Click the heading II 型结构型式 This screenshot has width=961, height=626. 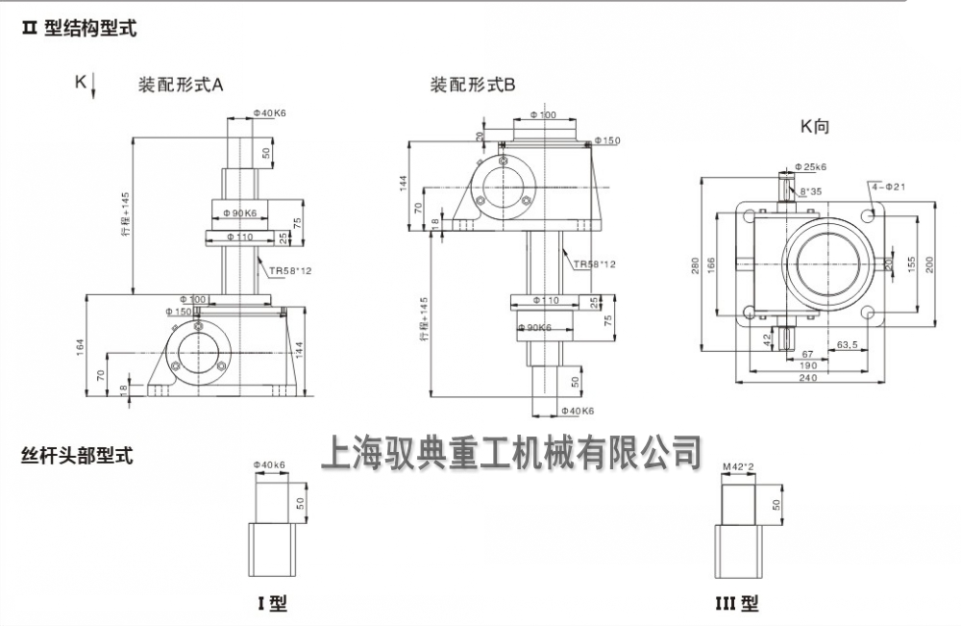click(x=80, y=29)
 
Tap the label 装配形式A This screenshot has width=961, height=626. click(x=181, y=85)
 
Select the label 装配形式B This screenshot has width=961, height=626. click(x=473, y=85)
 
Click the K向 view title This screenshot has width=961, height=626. click(x=814, y=126)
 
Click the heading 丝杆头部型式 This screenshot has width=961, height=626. click(x=77, y=457)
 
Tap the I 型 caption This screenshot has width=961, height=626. click(x=272, y=604)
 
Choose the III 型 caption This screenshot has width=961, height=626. click(x=737, y=604)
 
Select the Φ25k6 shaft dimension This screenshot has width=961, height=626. click(x=811, y=166)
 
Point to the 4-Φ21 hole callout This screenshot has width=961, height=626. click(x=888, y=184)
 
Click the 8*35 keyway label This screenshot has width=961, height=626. click(x=811, y=191)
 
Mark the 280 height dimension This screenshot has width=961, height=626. click(x=695, y=265)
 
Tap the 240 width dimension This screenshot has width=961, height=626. click(x=807, y=379)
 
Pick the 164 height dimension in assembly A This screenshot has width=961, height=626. click(x=81, y=344)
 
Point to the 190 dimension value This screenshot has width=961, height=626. click(x=807, y=366)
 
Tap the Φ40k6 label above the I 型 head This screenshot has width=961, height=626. click(x=270, y=465)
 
